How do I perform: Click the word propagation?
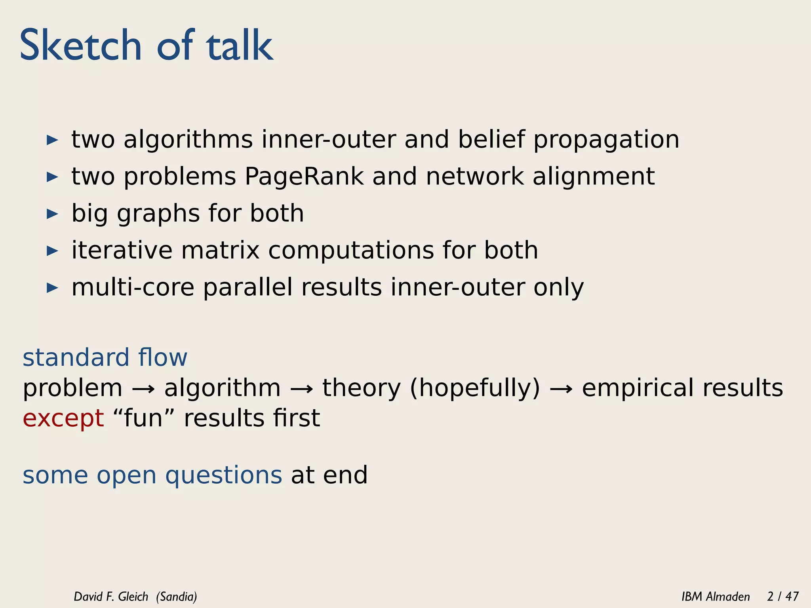coord(606,141)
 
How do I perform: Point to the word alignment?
coord(593,177)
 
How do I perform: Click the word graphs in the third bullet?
coord(158,214)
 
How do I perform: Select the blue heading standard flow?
coord(105,357)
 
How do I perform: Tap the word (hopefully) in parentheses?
coord(475,388)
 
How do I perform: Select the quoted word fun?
coord(143,418)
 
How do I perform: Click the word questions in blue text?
coord(223,476)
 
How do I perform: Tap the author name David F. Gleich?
coord(111,597)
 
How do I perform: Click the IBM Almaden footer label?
coord(716,597)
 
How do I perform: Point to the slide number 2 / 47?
coord(782,597)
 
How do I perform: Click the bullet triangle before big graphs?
coord(52,214)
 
